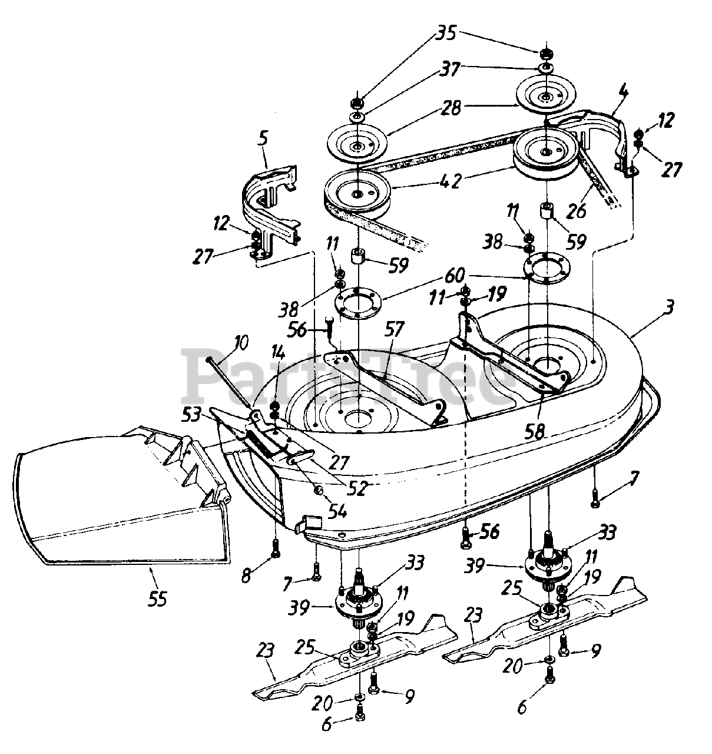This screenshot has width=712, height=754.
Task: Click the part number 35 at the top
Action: pyautogui.click(x=446, y=34)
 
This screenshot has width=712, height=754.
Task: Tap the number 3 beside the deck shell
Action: pyautogui.click(x=669, y=307)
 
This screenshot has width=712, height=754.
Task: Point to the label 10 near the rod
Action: pyautogui.click(x=240, y=343)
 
